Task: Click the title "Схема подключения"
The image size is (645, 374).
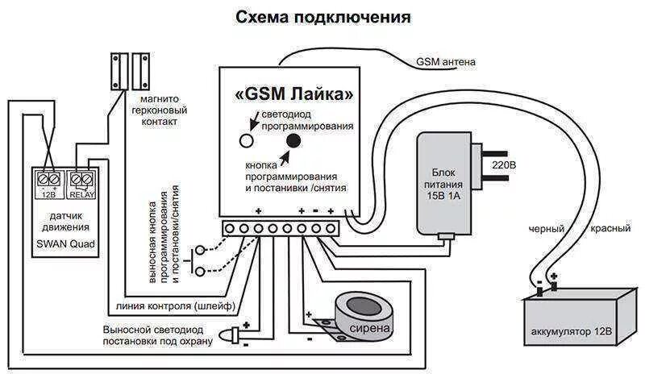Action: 322,18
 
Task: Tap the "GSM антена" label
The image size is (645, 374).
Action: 446,62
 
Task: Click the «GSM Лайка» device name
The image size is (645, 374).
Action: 293,94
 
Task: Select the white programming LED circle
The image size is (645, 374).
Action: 247,140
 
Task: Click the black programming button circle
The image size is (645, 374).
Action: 292,140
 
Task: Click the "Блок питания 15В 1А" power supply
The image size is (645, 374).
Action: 445,183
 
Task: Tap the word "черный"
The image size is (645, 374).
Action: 546,229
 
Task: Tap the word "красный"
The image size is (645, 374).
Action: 610,229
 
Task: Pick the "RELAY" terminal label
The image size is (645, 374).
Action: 82,194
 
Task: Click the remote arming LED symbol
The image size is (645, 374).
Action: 233,334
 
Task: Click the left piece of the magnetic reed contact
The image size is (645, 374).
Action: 120,72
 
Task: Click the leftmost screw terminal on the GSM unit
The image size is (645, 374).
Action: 230,230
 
